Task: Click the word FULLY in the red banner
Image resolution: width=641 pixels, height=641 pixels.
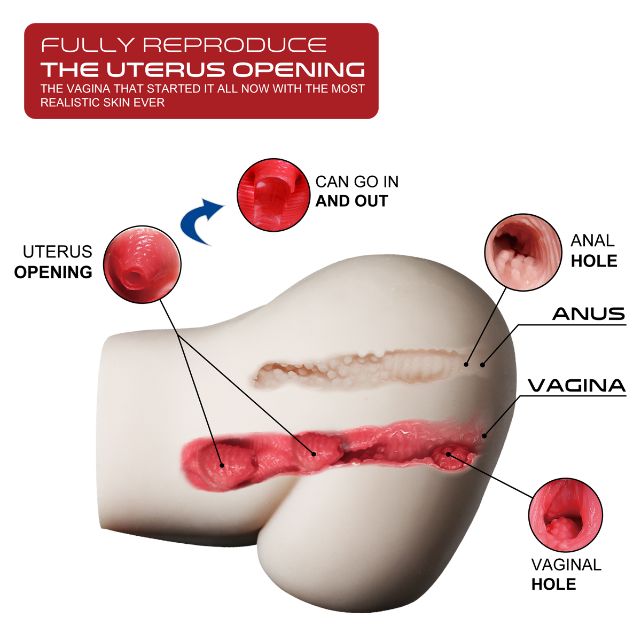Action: tap(88, 45)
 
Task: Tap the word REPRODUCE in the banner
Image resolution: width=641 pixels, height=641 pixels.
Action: tap(235, 45)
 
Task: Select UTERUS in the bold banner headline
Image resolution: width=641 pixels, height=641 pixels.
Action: tap(166, 69)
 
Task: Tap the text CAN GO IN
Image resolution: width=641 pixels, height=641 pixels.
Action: tap(357, 182)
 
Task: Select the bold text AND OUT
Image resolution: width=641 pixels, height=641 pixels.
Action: tap(351, 201)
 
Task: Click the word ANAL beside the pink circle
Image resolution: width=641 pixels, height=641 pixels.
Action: tap(592, 241)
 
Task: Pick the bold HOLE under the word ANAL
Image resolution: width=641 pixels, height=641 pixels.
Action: tap(594, 261)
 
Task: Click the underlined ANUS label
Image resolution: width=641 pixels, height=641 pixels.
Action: tap(589, 314)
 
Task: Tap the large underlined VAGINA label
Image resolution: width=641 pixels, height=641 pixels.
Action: tap(577, 386)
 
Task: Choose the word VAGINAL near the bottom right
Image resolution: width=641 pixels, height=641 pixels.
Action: tap(566, 565)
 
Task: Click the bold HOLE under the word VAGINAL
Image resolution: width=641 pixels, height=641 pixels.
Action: tap(553, 584)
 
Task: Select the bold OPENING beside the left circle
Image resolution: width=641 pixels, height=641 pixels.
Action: tap(53, 272)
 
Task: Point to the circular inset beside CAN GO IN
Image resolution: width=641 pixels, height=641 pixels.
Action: tap(273, 195)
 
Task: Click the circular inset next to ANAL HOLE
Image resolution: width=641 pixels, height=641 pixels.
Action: tap(523, 253)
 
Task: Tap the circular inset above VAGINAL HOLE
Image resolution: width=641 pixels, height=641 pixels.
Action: tap(566, 515)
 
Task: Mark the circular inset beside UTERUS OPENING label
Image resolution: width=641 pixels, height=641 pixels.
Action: tap(142, 264)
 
